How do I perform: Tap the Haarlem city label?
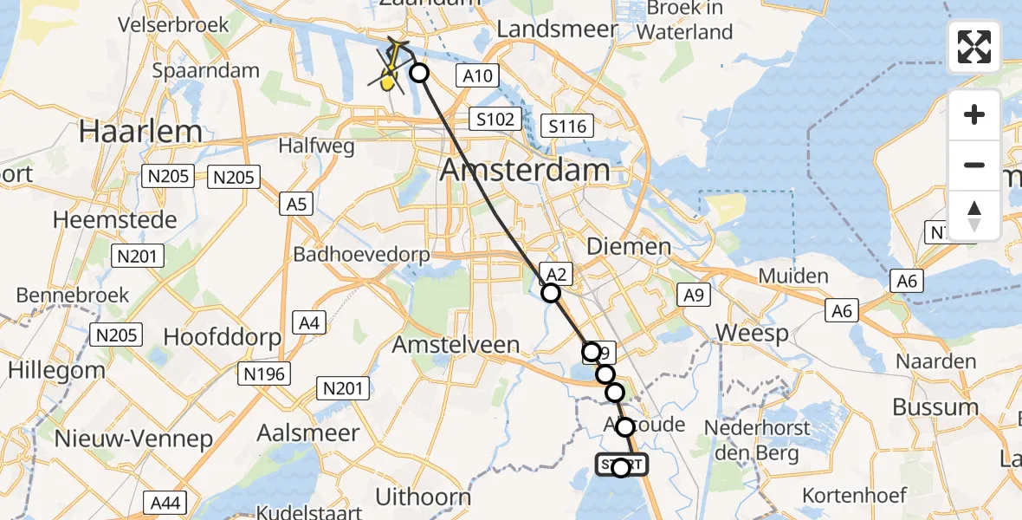[140, 133]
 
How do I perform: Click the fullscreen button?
[974, 47]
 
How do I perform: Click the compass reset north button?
[974, 215]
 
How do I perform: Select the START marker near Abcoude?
[621, 465]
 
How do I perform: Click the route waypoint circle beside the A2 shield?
[551, 293]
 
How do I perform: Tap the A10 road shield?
[477, 76]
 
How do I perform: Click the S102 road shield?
[495, 119]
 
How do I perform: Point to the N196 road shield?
[264, 374]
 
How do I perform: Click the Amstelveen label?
[456, 344]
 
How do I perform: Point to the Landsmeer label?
[545, 29]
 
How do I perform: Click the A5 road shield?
[295, 205]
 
